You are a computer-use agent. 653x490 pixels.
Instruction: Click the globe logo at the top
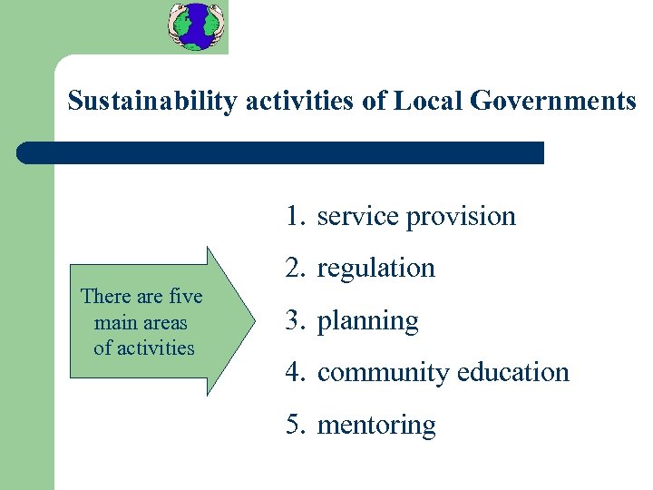195,26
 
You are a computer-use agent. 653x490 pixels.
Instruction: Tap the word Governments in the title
553,101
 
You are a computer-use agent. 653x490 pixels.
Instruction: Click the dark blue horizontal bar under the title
281,152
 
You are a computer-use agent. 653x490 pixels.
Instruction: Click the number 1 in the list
292,216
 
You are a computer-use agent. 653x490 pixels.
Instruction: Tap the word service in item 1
359,216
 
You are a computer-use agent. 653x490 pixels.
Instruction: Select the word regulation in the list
375,268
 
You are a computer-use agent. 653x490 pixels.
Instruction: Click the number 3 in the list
292,320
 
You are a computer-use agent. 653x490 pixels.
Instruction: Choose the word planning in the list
367,321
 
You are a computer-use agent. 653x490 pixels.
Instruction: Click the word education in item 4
513,372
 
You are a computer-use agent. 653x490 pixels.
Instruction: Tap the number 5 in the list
292,425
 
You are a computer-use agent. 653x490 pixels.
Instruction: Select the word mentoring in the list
375,425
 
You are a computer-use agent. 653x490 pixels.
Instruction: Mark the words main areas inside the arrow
141,322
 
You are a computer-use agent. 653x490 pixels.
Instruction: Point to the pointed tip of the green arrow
255,320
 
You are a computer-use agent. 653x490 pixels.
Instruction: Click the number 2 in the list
292,268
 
